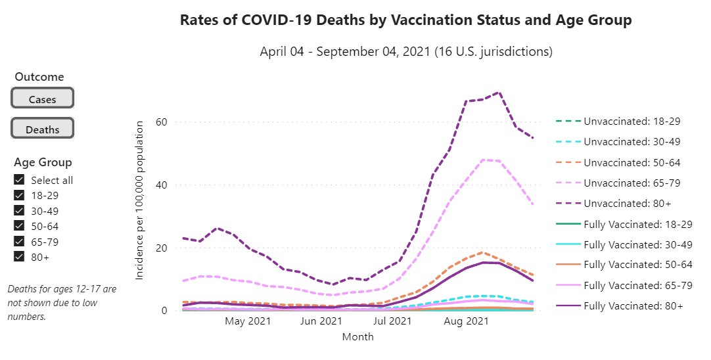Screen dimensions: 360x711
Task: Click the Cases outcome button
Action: [42, 99]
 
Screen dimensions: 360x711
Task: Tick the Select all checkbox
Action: [19, 180]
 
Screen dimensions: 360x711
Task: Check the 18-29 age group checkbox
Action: [19, 195]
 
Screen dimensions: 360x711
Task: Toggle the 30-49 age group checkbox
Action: [19, 210]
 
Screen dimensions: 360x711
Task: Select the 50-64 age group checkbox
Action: [19, 226]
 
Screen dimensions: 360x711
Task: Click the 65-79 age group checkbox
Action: [19, 241]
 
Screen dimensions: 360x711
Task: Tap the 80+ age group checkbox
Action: [19, 257]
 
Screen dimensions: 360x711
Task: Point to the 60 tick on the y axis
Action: [162, 122]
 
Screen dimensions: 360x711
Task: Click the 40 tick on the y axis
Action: [162, 185]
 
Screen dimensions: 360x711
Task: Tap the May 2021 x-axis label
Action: [248, 322]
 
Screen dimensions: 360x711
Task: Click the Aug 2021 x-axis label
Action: [466, 322]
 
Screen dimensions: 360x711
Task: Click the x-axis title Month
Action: [357, 337]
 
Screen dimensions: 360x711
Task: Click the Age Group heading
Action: [43, 162]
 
